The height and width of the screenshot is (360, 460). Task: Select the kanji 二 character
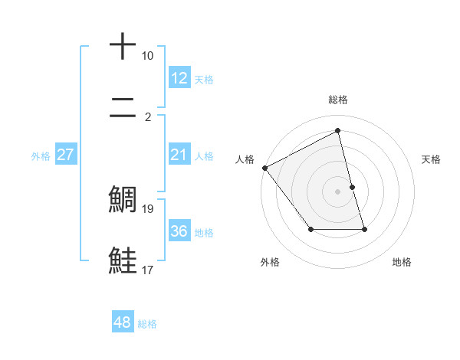click(123, 110)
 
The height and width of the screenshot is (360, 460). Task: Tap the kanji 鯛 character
click(123, 199)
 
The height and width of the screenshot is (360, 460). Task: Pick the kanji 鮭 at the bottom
click(123, 260)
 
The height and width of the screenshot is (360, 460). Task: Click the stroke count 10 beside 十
click(148, 56)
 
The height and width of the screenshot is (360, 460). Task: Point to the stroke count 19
click(148, 208)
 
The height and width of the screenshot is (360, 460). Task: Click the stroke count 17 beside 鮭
click(148, 269)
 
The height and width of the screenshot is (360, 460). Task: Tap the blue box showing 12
click(179, 78)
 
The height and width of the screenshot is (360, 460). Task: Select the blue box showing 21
click(179, 155)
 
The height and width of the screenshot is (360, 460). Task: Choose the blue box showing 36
click(179, 231)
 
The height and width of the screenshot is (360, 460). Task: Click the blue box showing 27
click(65, 155)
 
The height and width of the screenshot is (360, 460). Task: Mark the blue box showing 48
click(122, 322)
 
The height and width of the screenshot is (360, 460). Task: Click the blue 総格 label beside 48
click(147, 324)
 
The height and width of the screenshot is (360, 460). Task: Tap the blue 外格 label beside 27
click(41, 156)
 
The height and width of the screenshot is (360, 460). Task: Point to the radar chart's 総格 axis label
click(338, 100)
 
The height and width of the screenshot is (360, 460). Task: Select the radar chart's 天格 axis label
click(432, 159)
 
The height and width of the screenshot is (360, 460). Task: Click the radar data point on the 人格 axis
click(264, 168)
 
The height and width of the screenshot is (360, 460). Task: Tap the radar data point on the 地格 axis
click(364, 229)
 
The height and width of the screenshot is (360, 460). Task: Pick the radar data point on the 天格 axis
click(352, 187)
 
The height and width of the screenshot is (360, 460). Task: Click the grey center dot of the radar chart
click(338, 191)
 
